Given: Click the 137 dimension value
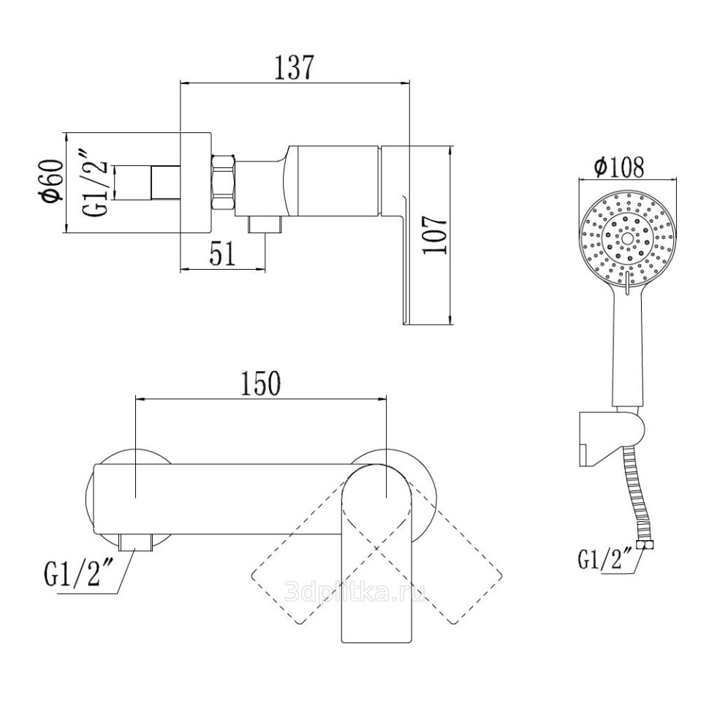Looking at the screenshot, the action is pos(294,68).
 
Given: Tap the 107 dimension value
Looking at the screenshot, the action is pos(435,235).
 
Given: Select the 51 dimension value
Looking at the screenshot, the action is pos(223,254).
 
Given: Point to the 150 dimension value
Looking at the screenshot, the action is pos(261,384).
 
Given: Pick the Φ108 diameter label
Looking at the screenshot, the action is pos(619,167).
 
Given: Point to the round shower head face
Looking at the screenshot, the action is pos(627,239).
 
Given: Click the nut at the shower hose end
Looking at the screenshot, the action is pos(645,545).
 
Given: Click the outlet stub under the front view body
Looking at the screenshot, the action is pos(136,542).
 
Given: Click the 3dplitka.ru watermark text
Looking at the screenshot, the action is pos(355,591).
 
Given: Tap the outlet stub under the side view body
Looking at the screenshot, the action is pos(265,224).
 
